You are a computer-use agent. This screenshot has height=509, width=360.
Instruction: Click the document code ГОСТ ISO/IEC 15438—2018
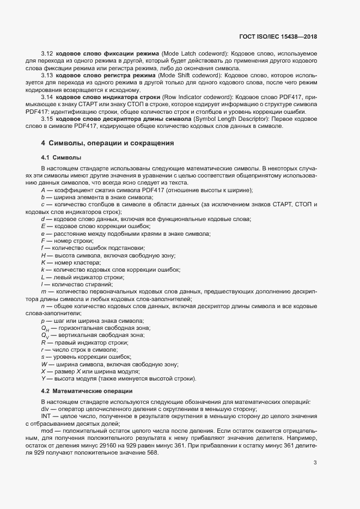[x=278, y=37]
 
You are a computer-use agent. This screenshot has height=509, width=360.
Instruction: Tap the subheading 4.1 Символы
[x=61, y=157]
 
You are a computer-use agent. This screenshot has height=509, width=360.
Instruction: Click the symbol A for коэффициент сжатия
[x=43, y=190]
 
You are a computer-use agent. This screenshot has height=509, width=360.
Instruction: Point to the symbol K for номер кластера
[x=43, y=262]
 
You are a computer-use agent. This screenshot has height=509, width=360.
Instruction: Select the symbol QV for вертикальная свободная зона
[x=45, y=335]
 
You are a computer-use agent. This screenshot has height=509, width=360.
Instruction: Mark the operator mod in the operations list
[x=46, y=430]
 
